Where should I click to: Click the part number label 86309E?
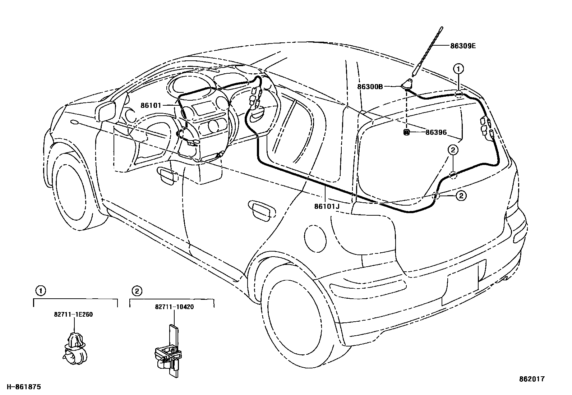(463, 46)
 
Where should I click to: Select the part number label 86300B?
(370, 87)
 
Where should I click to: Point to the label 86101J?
(327, 207)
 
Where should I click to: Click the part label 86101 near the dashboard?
(151, 105)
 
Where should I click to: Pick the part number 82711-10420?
(174, 307)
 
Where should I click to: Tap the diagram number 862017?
(532, 379)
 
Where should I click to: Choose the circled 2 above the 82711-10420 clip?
(137, 290)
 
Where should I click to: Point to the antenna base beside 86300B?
(407, 84)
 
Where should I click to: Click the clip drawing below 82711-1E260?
(74, 347)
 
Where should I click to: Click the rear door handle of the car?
(260, 211)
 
